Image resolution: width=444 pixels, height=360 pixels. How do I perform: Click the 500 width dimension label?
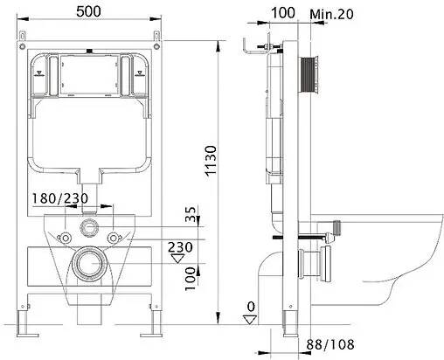coord(88,11)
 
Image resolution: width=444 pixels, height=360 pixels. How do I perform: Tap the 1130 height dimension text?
coord(211,161)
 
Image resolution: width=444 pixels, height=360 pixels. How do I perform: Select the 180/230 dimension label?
coord(59,198)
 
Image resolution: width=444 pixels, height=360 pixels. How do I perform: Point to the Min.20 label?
coord(331,14)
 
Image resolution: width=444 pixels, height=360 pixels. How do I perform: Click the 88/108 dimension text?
coord(330,344)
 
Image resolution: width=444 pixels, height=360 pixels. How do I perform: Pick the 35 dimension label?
coord(191,214)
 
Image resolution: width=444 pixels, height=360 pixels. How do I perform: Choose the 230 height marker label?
coord(180,247)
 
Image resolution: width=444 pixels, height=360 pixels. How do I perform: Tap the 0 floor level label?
coord(251,307)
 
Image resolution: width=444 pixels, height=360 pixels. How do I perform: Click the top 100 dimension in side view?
coord(283,13)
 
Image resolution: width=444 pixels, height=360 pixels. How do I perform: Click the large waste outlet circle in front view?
coord(89,263)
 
